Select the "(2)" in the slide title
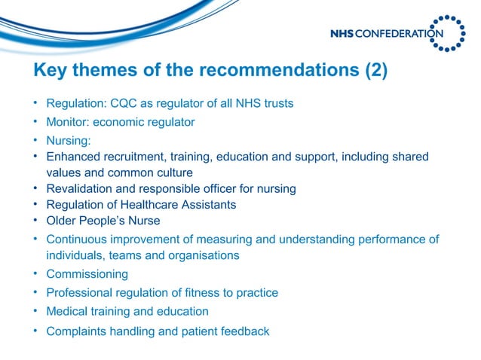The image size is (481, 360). tap(375, 72)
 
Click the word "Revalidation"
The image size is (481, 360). tap(80, 188)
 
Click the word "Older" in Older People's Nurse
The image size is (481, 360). tap(61, 221)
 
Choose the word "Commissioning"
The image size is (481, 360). tap(87, 274)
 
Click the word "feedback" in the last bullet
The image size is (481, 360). tap(244, 331)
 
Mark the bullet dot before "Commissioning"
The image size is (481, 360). tap(35, 274)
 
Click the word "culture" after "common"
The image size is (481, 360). tap(174, 172)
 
